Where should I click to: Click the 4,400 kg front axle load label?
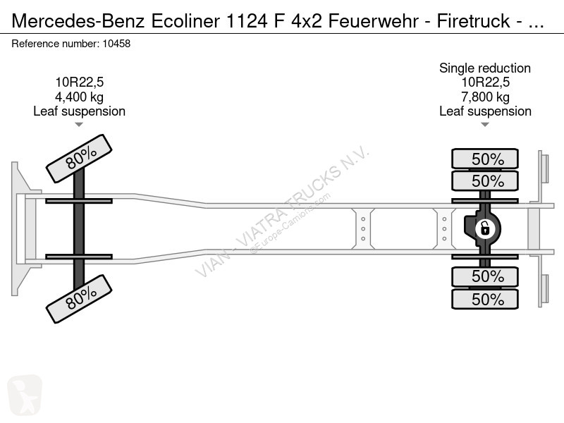coord(79,97)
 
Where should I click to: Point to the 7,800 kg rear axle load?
coord(485,97)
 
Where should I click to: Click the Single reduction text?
coord(485,68)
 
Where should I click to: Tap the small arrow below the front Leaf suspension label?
coord(79,125)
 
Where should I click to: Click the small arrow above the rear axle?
coord(485,125)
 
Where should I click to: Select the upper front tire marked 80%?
coord(79,158)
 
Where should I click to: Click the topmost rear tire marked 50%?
coord(485,158)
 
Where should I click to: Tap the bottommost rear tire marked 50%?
coord(485,299)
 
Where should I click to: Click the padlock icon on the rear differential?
coord(485,228)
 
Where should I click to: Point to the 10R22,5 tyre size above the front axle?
coord(79,82)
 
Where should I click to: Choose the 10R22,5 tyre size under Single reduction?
coord(485,82)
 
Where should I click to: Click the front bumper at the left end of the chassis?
coord(17,228)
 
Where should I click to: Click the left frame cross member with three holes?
coord(363,228)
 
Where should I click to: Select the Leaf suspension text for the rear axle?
coord(485,111)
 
